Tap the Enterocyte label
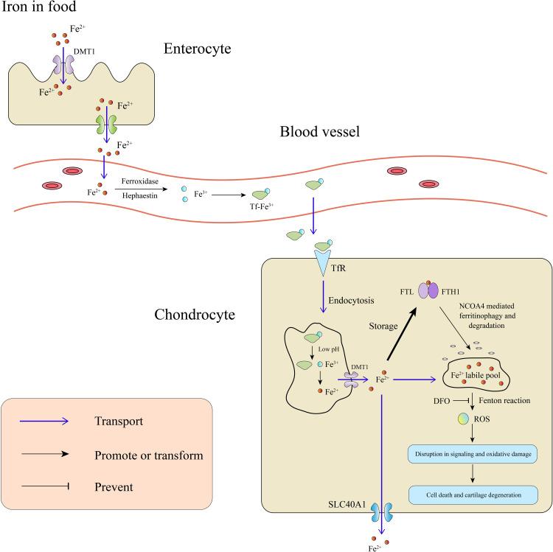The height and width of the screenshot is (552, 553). coord(198,49)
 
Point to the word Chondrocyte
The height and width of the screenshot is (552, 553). coord(195,315)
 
